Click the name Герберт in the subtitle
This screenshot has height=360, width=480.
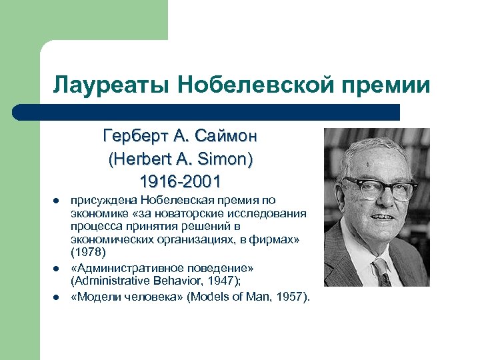[133, 137]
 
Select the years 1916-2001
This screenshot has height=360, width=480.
[180, 181]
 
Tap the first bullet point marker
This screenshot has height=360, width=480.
[57, 200]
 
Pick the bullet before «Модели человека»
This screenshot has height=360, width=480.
[57, 297]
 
